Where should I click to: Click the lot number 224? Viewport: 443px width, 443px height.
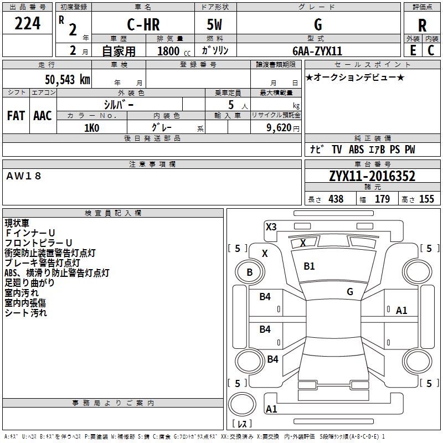[x=28, y=24]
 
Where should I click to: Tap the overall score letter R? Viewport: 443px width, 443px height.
[x=422, y=25]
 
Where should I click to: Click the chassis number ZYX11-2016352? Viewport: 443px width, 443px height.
[x=372, y=176]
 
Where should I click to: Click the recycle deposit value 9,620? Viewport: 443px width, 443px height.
[x=279, y=127]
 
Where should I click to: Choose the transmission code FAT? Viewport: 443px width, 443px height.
[x=16, y=116]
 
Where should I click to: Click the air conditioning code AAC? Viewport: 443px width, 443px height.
[x=43, y=116]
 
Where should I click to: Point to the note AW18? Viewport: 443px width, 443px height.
[x=24, y=176]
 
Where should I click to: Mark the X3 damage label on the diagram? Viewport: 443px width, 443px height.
[x=271, y=226]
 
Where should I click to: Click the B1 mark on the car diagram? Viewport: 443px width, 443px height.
[x=309, y=266]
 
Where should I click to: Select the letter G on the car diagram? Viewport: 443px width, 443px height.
[x=350, y=291]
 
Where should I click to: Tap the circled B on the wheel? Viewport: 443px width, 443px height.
[x=250, y=272]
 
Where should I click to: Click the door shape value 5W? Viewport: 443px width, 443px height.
[x=215, y=25]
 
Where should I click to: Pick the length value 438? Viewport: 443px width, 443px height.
[x=336, y=199]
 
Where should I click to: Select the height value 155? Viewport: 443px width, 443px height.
[x=426, y=199]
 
